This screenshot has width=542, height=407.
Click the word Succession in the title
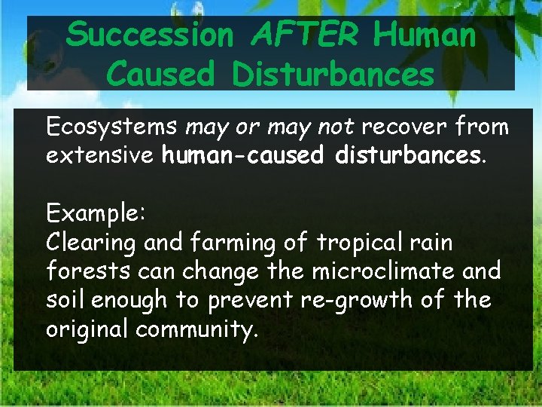(150, 35)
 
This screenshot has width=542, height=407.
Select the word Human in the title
(425, 35)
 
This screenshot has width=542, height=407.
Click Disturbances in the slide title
(333, 74)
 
